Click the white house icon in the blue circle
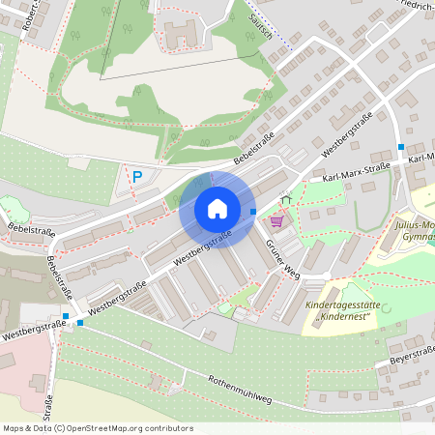coord(217,208)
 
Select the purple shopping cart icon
coord(276,221)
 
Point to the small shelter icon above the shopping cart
coord(284,199)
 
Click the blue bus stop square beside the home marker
coord(253,211)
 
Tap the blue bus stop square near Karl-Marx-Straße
coord(401,147)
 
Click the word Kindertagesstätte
coord(345,305)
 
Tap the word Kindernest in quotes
coord(346,317)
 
